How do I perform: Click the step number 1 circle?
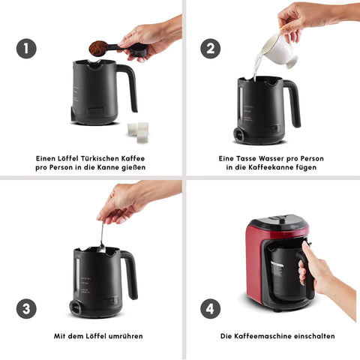[26, 49]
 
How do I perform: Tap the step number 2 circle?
[211, 49]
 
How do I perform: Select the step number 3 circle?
[26, 308]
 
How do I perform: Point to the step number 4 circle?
[211, 308]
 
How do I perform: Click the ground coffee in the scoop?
[98, 48]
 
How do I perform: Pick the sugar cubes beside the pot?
[139, 132]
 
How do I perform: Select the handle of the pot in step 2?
[293, 103]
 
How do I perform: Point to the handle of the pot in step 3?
[131, 274]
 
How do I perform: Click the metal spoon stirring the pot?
[101, 238]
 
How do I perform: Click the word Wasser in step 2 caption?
[271, 158]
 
